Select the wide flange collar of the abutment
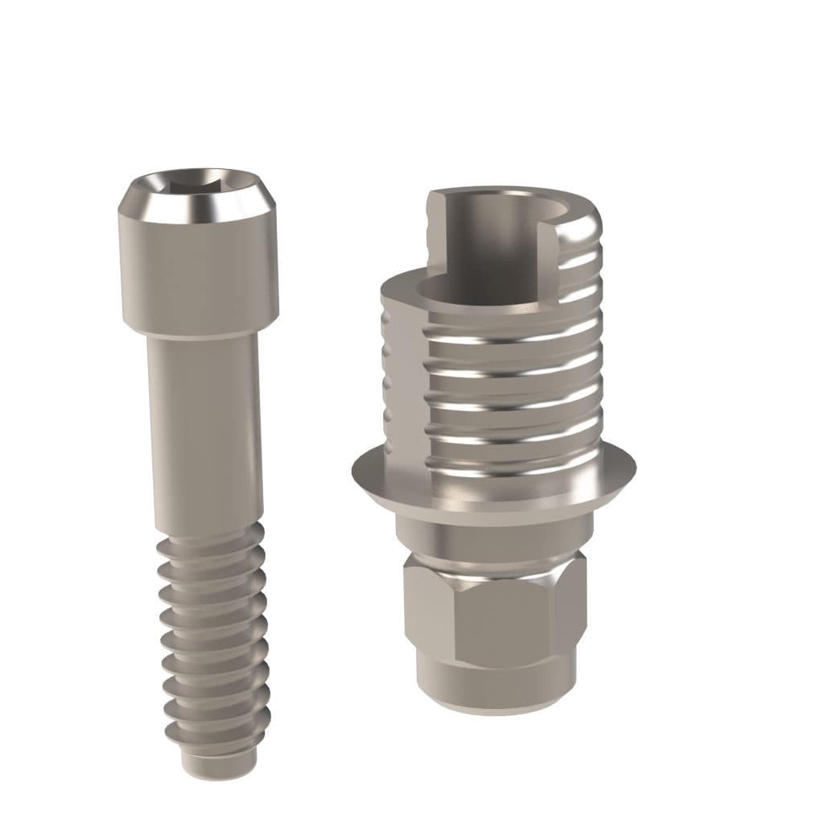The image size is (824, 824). click(492, 483)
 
